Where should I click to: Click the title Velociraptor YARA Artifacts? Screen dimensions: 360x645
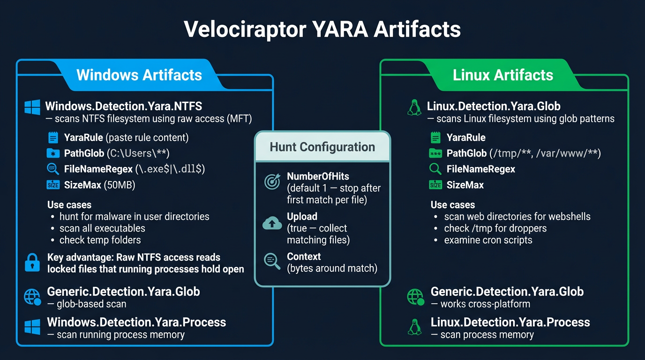(322, 29)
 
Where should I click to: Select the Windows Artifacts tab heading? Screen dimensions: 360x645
(139, 75)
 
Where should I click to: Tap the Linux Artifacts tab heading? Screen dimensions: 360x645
(502, 75)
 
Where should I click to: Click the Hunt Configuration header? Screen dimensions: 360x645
(322, 147)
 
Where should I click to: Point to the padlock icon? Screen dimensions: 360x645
(32, 262)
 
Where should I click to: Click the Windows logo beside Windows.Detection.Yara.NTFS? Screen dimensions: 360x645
(32, 107)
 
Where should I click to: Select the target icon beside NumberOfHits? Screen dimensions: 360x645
(272, 181)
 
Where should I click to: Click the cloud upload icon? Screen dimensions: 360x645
(272, 223)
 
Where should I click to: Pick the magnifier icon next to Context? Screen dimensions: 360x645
(272, 261)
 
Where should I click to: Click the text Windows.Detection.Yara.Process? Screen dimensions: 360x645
(136, 322)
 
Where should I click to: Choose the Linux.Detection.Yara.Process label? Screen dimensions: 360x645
(510, 322)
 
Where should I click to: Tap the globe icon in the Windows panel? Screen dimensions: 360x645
(33, 297)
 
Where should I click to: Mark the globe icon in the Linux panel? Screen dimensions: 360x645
(415, 297)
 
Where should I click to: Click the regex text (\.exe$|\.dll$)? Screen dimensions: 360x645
(170, 169)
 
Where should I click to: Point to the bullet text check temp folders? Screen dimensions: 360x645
(100, 240)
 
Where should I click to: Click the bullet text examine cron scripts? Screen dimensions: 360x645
(488, 240)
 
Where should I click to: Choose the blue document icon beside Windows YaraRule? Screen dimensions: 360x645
(53, 138)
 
